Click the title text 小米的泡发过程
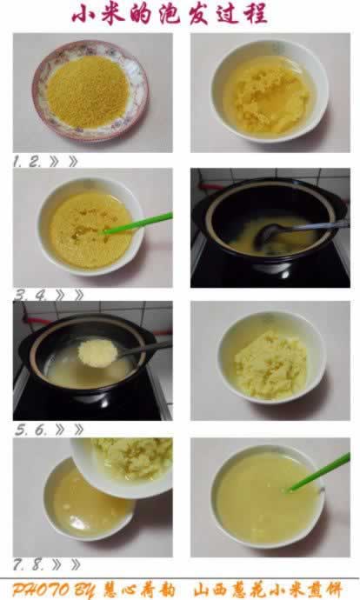170,15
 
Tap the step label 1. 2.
27,162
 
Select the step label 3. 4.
30,296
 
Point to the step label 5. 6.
30,430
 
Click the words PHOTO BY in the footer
53,590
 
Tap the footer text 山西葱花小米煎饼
268,590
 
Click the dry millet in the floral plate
88,92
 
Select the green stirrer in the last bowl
319,472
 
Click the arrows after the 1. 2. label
63,162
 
